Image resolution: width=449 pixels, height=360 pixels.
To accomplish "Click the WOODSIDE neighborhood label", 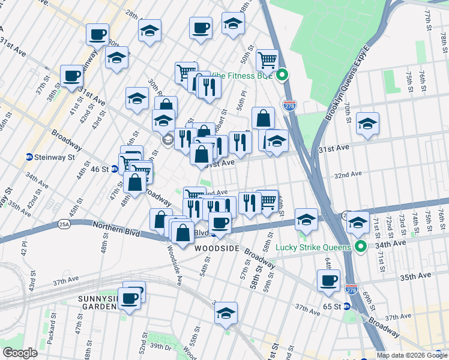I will point(216,248).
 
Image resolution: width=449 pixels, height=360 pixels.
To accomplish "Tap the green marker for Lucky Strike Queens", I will point(360,247).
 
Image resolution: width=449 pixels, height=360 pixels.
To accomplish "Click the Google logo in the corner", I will point(20,352).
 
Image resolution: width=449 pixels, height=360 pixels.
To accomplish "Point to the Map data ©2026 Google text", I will point(411,355).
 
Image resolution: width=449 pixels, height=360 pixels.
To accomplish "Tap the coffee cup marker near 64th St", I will point(328,281).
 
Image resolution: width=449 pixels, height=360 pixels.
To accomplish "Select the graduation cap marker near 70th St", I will point(367,123).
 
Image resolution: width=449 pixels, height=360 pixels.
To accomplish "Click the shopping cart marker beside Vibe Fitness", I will point(267,59).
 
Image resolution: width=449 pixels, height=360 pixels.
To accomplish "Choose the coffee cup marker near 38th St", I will point(72,76).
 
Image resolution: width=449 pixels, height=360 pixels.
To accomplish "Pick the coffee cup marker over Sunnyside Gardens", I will point(129,298).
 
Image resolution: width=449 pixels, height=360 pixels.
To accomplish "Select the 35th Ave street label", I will point(416,276).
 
